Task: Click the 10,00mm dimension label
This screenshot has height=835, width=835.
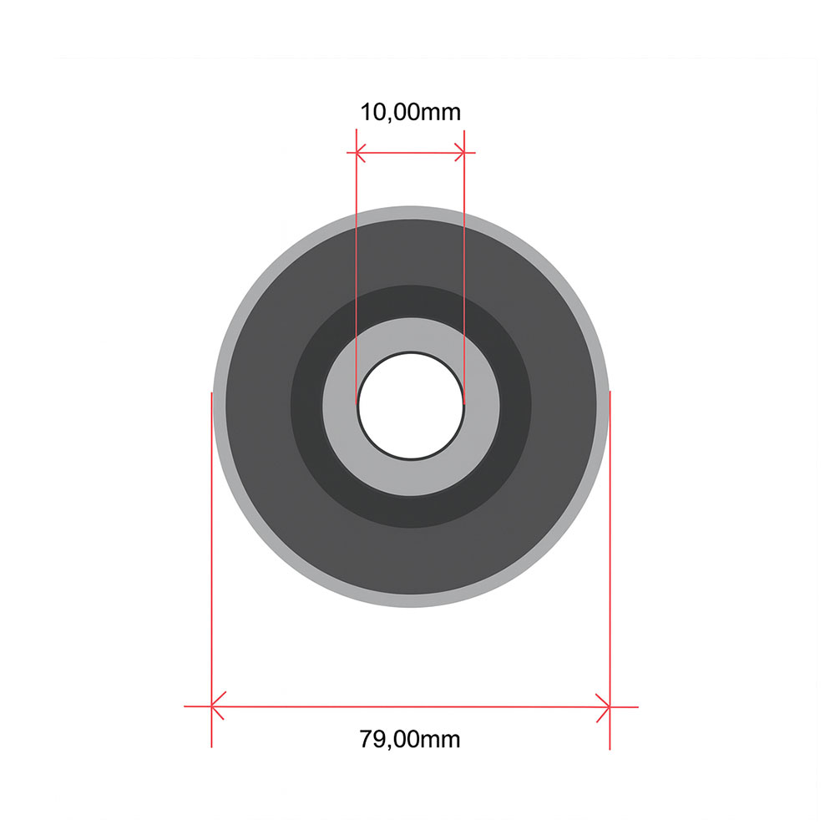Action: tap(410, 112)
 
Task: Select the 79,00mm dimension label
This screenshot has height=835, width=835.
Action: tap(410, 739)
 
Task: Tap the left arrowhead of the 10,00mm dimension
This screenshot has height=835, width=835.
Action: tap(361, 153)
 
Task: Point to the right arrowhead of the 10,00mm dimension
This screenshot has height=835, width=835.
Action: tap(460, 153)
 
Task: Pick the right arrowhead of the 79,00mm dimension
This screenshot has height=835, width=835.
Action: tap(604, 706)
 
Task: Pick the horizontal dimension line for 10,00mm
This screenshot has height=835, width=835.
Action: tap(410, 153)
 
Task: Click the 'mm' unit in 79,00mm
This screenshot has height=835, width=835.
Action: tap(440, 739)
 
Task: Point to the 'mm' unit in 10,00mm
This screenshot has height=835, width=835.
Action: tap(440, 112)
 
